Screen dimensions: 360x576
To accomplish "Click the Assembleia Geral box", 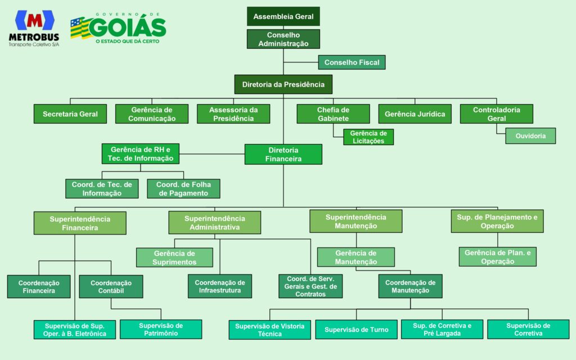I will [283, 16].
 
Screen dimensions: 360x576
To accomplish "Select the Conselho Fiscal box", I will [352, 62].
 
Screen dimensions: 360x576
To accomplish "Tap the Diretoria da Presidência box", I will [283, 84].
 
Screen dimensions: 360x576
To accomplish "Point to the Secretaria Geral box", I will [70, 114].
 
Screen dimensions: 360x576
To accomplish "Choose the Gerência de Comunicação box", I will [152, 114].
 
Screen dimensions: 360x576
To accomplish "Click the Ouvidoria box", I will [530, 136].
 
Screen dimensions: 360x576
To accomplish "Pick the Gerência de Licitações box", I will [368, 137].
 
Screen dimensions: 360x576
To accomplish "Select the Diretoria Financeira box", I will [283, 154].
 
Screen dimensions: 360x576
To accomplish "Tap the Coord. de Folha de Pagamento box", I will [183, 188].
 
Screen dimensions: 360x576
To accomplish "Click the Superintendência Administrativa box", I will [214, 223].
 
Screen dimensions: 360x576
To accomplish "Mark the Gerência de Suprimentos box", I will [174, 258].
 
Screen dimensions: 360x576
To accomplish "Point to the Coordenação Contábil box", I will [111, 286].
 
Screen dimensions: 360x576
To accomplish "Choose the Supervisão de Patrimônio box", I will [161, 329].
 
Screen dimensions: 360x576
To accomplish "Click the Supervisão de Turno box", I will [356, 330].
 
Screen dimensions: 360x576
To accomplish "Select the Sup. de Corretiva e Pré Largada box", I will [442, 329].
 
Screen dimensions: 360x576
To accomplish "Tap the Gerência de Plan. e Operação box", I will [497, 257].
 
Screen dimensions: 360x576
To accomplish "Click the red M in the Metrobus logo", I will [34, 20].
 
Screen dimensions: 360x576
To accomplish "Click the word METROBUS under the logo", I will [34, 37].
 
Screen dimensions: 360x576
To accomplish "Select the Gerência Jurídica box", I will [415, 114].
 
